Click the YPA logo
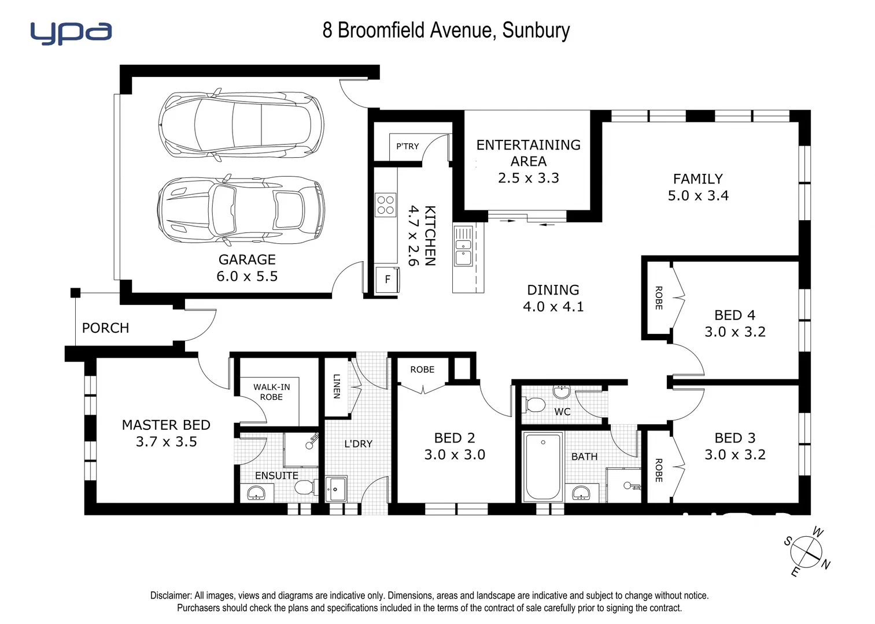(71, 33)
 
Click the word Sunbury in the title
(536, 30)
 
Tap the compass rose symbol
(807, 552)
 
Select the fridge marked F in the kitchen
(387, 280)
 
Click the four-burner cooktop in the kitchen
(386, 205)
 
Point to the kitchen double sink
(463, 247)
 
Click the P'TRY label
(407, 146)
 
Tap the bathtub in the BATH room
(542, 466)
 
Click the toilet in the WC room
(534, 404)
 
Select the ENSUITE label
(276, 476)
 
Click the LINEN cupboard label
(337, 386)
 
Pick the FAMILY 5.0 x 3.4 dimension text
(698, 195)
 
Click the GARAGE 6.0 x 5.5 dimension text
(247, 276)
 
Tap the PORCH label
(105, 328)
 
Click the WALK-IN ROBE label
(271, 392)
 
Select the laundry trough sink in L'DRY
(336, 489)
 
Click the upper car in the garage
(241, 124)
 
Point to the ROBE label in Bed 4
(658, 298)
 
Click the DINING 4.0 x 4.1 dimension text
(553, 306)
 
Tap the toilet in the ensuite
(304, 486)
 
